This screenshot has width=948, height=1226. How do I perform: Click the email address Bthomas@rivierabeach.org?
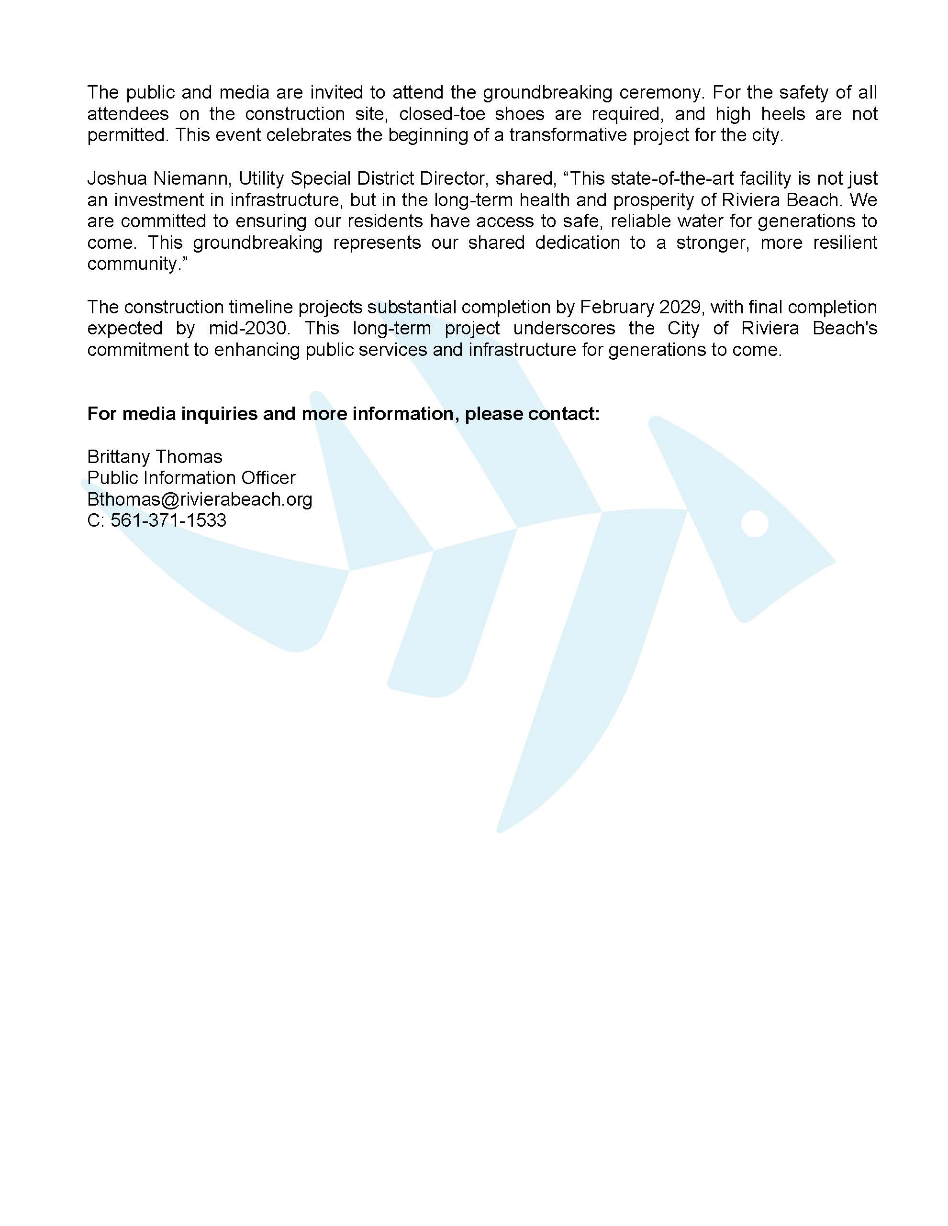coord(200,499)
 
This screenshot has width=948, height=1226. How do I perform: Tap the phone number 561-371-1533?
coord(168,520)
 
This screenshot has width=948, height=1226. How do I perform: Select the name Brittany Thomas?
coord(155,456)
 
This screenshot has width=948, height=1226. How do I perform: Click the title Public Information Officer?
coord(191,478)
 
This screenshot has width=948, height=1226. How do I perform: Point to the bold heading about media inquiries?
coord(343,414)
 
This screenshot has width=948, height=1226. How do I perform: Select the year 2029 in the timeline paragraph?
coord(681,307)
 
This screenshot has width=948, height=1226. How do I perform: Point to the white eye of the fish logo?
coord(754,523)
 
